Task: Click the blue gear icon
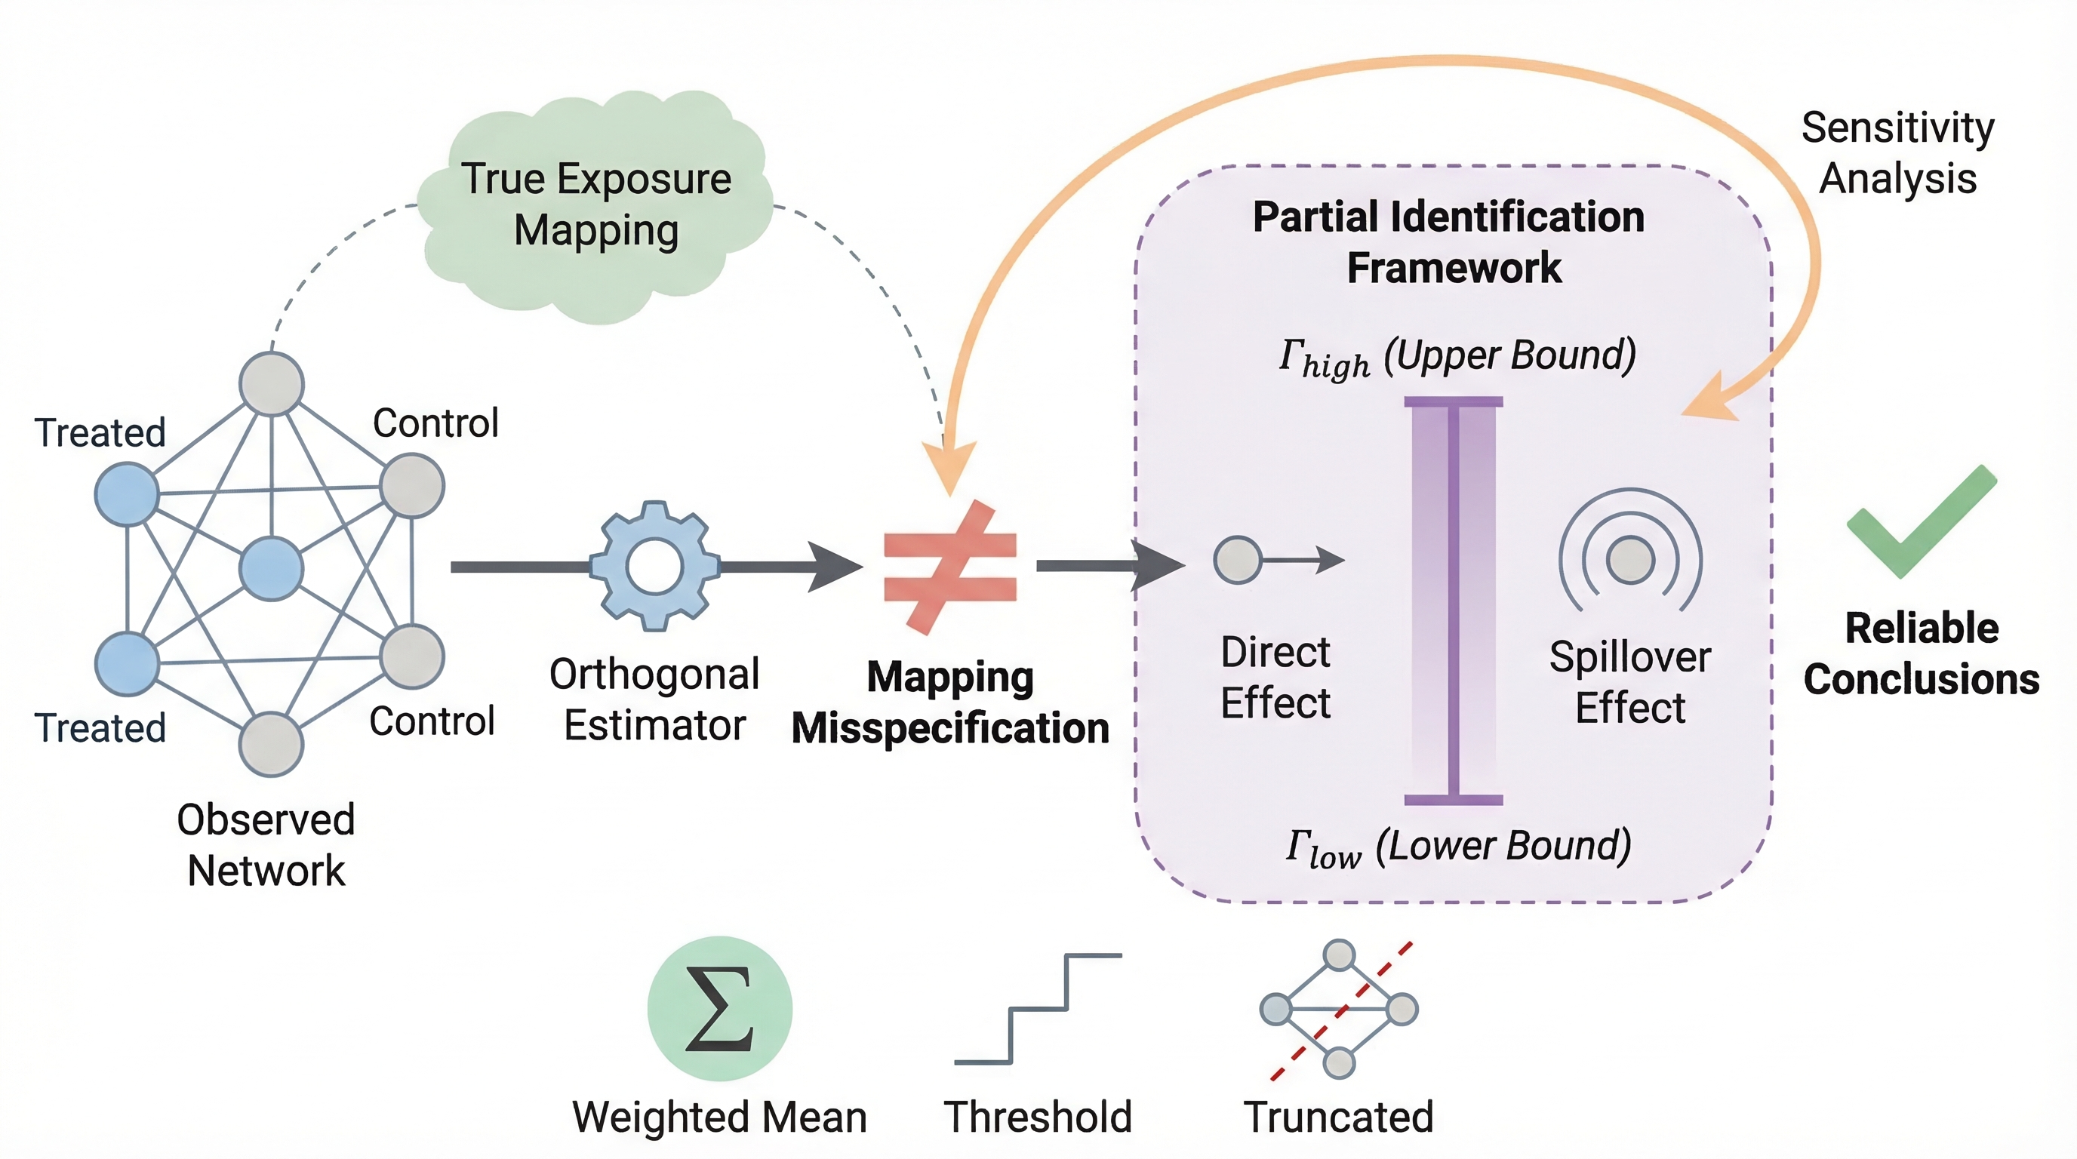pyautogui.click(x=654, y=566)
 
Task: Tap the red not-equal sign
pyautogui.click(x=949, y=567)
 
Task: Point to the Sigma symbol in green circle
pyautogui.click(x=719, y=1008)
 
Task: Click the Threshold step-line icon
pyautogui.click(x=1038, y=1009)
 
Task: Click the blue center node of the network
pyautogui.click(x=272, y=568)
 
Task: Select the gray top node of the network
pyautogui.click(x=272, y=383)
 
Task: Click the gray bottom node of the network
pyautogui.click(x=271, y=744)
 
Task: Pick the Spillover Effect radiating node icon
pyautogui.click(x=1630, y=558)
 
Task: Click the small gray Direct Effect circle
pyautogui.click(x=1238, y=559)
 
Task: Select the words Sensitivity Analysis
pyautogui.click(x=1898, y=153)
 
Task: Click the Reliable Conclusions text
pyautogui.click(x=1922, y=653)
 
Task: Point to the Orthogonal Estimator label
pyautogui.click(x=654, y=699)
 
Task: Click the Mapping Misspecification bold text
pyautogui.click(x=949, y=702)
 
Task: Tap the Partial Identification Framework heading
pyautogui.click(x=1450, y=241)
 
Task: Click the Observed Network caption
pyautogui.click(x=266, y=844)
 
